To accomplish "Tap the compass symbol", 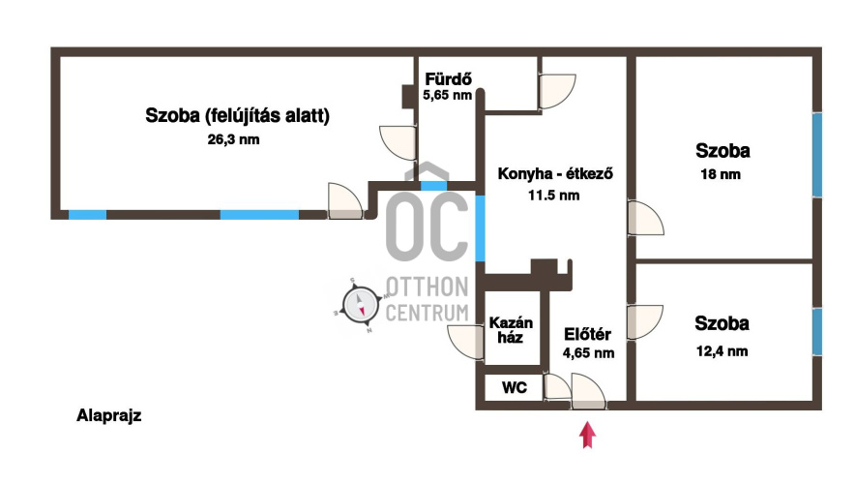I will tap(360, 307).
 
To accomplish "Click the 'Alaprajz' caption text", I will tap(109, 416).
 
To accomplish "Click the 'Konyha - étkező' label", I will tap(556, 175).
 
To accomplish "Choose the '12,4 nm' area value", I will tap(722, 350).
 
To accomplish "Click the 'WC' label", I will tap(514, 388).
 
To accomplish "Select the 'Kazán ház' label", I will tap(506, 330).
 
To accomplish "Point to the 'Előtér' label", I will tap(587, 335).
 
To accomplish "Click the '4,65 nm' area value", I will tap(588, 353).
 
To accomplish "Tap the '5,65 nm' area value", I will tap(447, 95).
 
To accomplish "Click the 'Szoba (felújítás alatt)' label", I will tap(238, 116).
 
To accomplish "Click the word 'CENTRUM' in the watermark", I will tap(427, 312).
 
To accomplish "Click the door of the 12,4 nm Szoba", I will tap(644, 322).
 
